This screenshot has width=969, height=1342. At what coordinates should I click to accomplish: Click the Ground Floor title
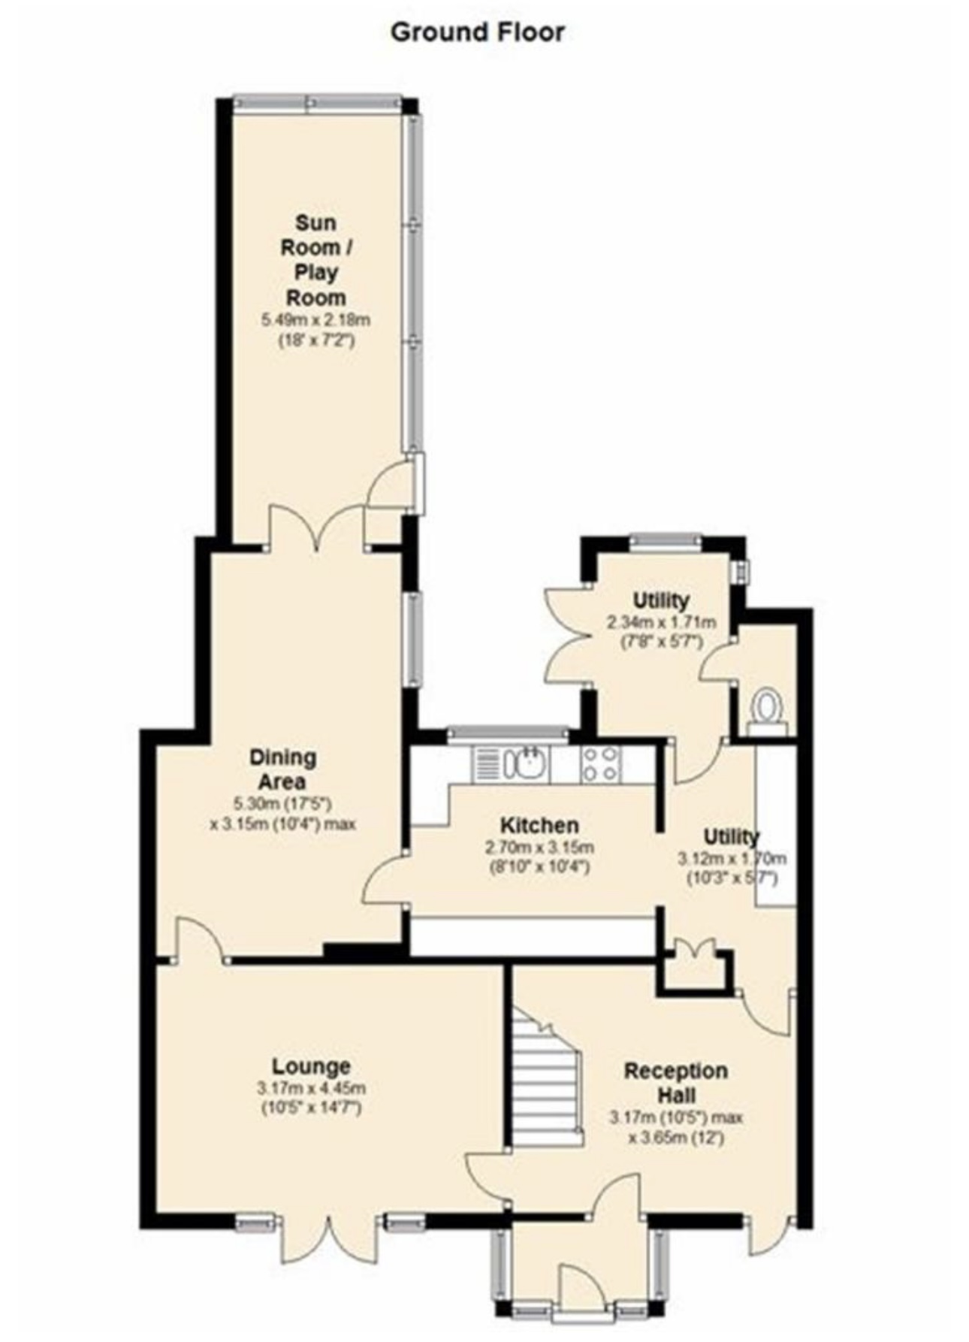pos(477,32)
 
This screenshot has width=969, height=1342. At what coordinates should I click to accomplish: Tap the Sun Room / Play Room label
pos(315,259)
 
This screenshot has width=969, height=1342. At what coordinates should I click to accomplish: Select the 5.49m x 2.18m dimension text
pos(315,320)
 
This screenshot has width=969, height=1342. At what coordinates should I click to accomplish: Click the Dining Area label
pos(282,769)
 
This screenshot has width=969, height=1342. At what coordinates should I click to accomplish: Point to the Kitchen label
pos(539,825)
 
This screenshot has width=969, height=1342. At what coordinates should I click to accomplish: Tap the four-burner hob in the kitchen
pos(601,765)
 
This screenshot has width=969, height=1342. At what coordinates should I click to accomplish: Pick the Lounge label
pos(311,1065)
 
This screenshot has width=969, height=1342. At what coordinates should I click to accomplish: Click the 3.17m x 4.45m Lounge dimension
pos(311,1088)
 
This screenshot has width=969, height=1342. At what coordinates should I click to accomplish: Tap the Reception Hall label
pos(675,1082)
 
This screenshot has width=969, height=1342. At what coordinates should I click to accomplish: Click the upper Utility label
pos(660,601)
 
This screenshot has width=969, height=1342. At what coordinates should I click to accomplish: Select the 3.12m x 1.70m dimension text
pos(732,858)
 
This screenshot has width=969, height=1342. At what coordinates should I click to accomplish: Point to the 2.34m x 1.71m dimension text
pos(660,622)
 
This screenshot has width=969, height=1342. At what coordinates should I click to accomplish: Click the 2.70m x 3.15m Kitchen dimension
pos(539,848)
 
